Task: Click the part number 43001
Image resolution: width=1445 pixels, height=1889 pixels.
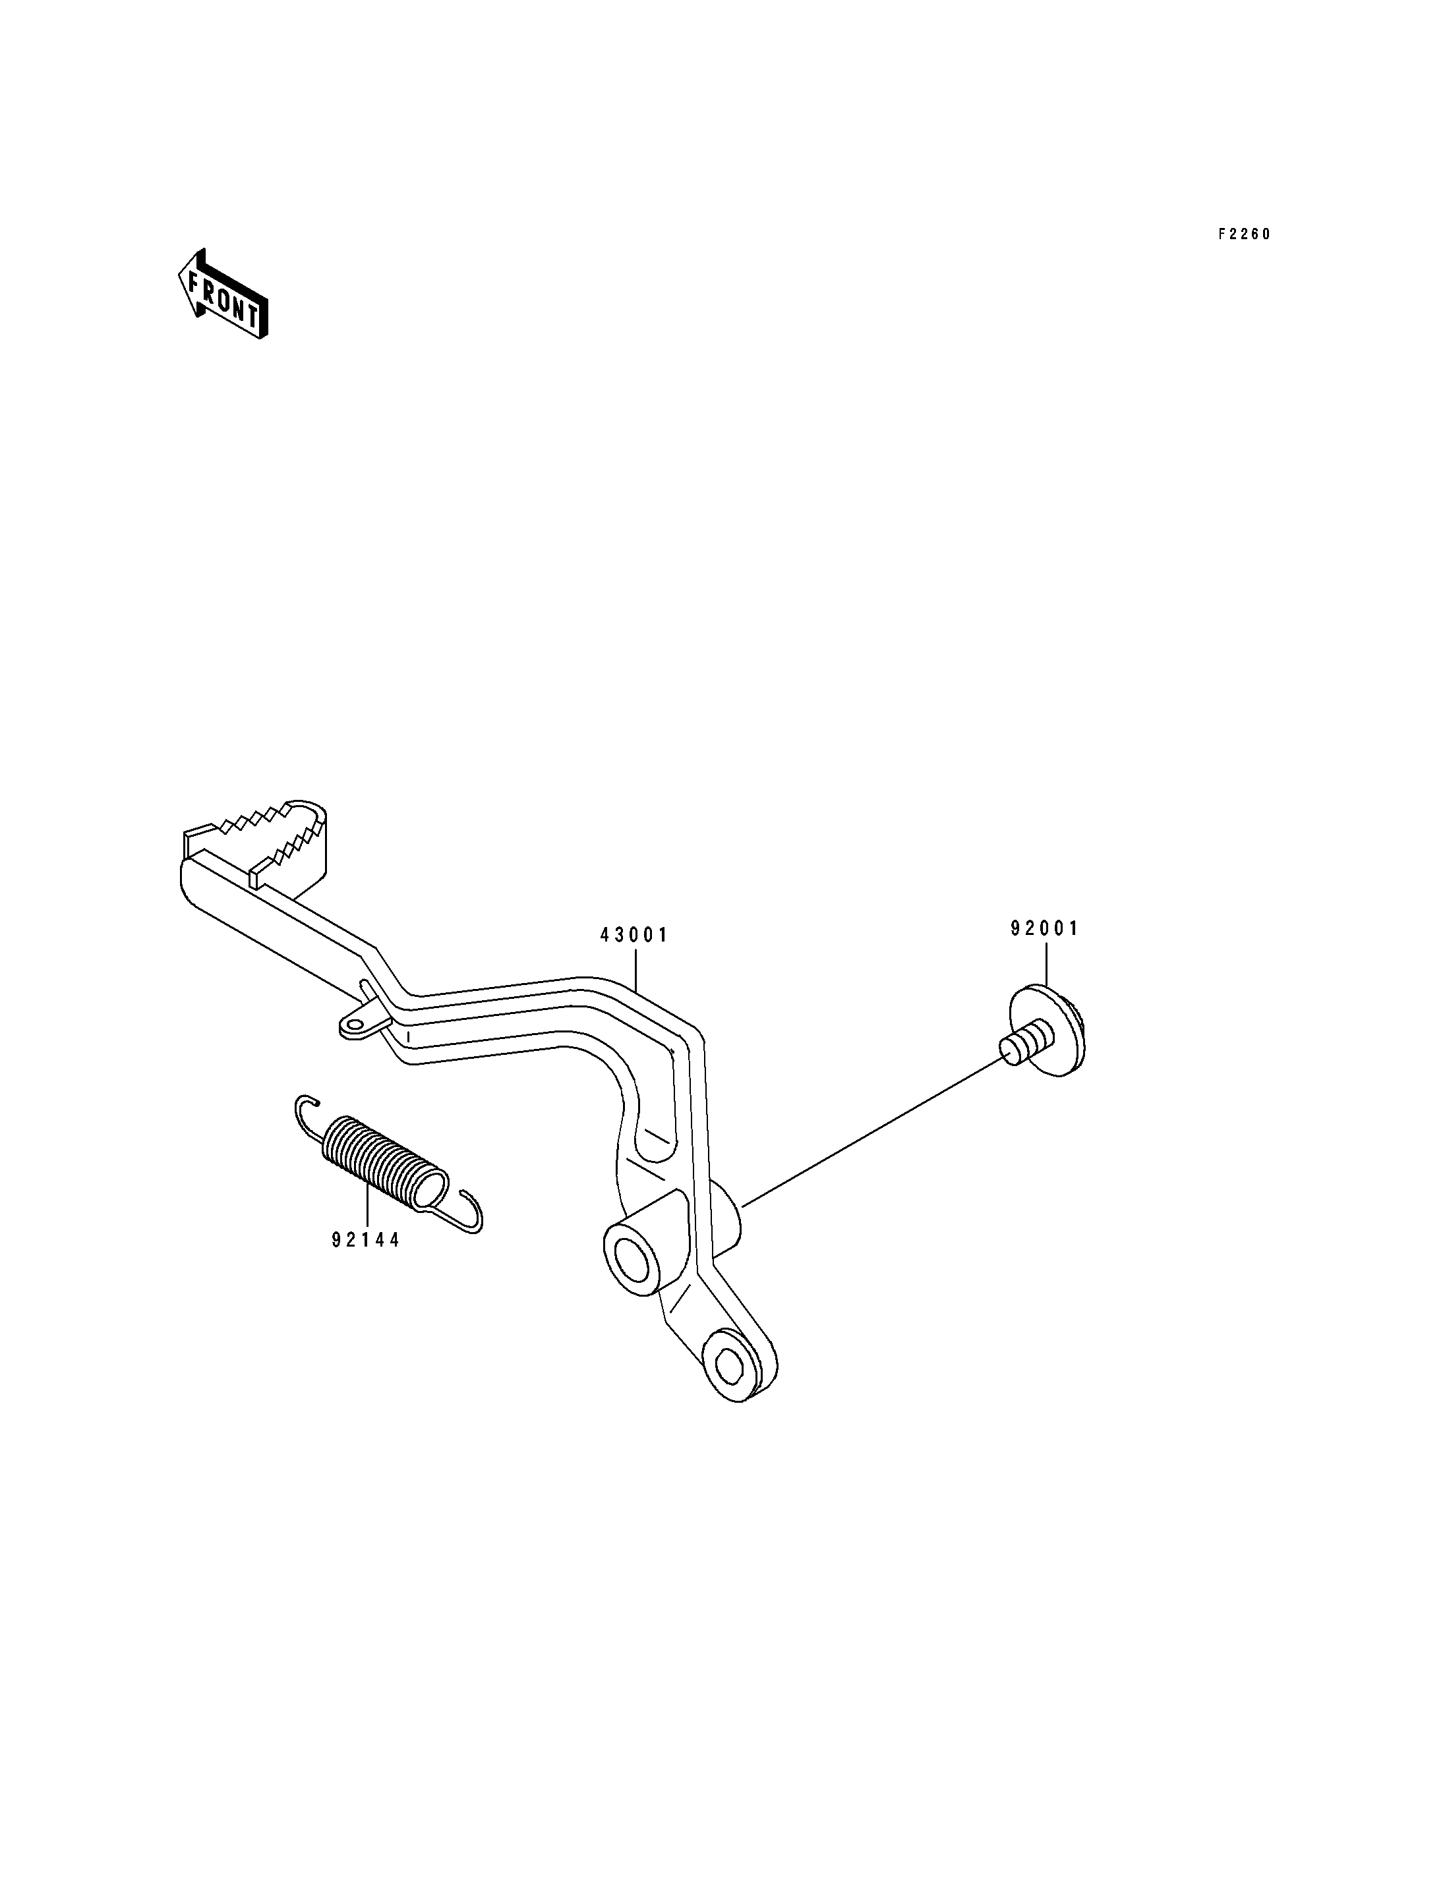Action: tap(634, 936)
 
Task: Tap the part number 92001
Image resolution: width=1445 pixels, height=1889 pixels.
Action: tap(1044, 928)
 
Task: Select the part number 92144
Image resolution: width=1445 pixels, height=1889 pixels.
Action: tap(367, 1241)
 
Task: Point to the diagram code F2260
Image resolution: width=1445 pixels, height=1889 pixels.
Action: tap(1244, 234)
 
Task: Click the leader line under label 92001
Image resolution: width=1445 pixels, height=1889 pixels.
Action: tap(1046, 965)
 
